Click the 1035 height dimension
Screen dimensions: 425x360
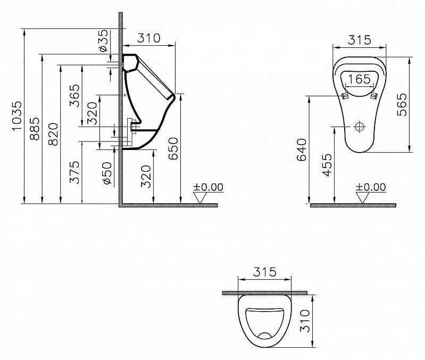click(x=17, y=116)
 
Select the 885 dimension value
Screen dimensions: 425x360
click(x=35, y=129)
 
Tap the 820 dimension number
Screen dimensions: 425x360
click(x=53, y=135)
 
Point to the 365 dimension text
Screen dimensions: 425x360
click(x=74, y=96)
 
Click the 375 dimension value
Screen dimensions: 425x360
click(x=74, y=172)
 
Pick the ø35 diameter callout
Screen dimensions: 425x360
click(x=104, y=40)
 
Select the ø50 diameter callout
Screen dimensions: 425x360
click(x=107, y=173)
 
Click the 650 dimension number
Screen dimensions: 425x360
click(x=173, y=148)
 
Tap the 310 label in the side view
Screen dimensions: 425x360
click(x=148, y=38)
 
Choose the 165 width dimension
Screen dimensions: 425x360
click(x=359, y=79)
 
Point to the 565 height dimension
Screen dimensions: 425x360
click(x=402, y=105)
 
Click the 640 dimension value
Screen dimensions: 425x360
click(x=302, y=150)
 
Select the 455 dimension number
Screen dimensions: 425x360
click(x=327, y=165)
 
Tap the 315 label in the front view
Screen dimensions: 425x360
click(x=360, y=40)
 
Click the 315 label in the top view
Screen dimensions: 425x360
click(x=264, y=272)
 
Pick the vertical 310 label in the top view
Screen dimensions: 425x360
click(x=305, y=321)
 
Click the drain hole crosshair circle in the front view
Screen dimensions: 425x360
click(x=360, y=127)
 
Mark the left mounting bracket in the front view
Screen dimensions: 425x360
click(x=345, y=96)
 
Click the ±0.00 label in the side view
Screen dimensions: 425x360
click(x=208, y=187)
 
